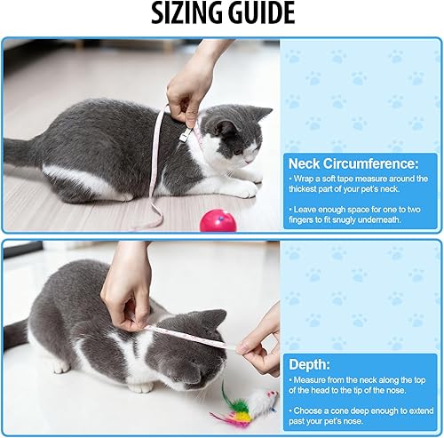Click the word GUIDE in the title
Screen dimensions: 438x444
[x=260, y=14]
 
